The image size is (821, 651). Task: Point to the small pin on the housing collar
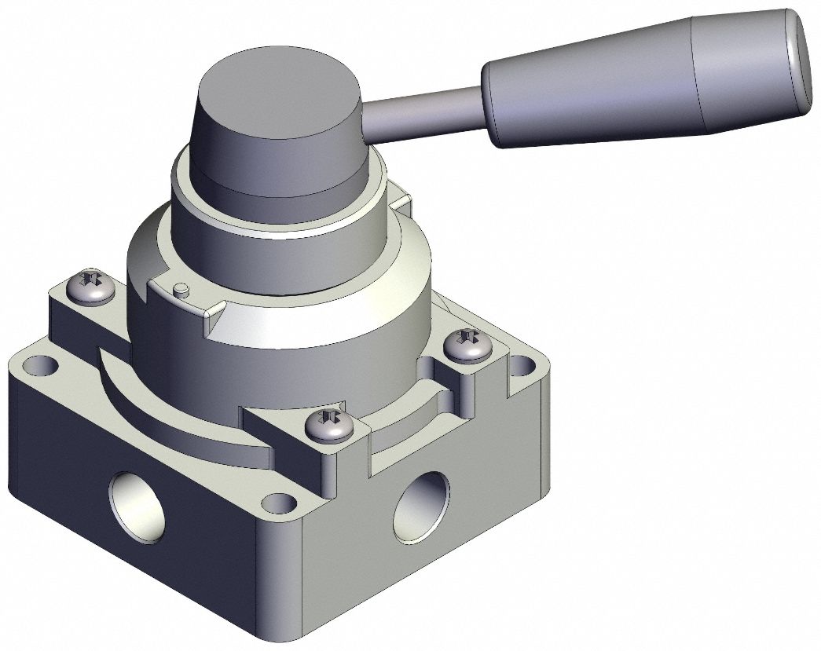coord(181,290)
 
